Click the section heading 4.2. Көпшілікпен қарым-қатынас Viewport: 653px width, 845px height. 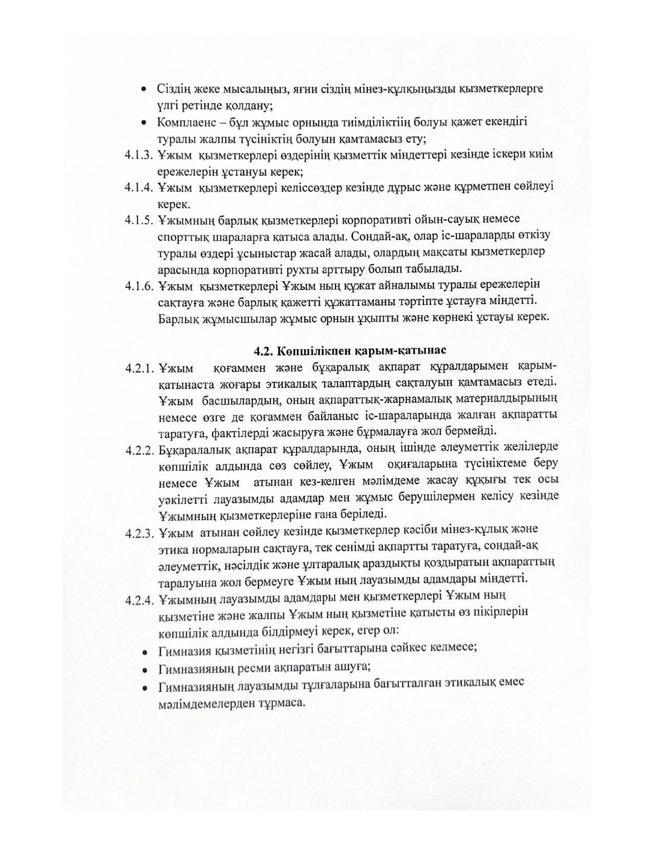click(x=350, y=351)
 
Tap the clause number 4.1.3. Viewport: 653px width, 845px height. click(x=139, y=155)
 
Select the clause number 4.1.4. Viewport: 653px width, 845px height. click(x=139, y=187)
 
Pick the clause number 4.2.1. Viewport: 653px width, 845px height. click(x=139, y=368)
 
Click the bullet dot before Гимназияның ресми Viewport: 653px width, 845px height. click(x=146, y=669)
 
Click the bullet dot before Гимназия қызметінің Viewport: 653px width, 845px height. click(x=146, y=652)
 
